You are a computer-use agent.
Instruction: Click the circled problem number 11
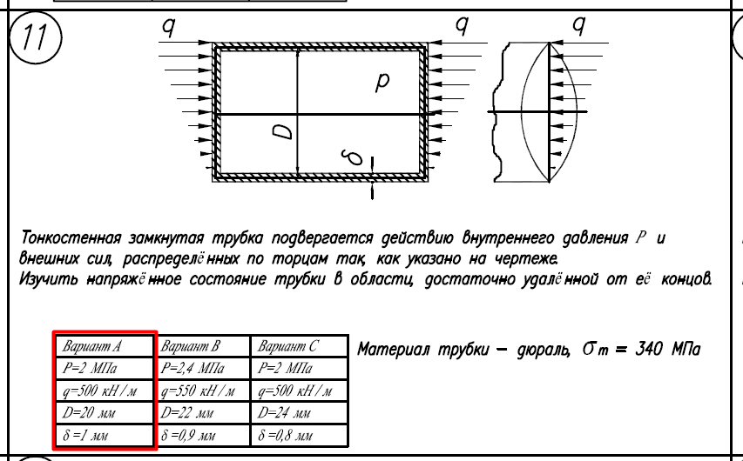point(36,37)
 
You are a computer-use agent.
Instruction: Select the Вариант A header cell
point(105,346)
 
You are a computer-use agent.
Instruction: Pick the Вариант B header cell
point(203,346)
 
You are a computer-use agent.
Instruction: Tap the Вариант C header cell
point(299,346)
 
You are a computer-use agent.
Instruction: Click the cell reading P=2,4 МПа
point(203,368)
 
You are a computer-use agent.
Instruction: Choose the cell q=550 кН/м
point(203,391)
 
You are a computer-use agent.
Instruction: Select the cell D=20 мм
point(105,412)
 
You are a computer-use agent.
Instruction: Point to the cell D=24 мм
point(299,412)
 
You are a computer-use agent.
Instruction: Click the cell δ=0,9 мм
point(203,435)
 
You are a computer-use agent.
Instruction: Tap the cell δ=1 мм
point(105,435)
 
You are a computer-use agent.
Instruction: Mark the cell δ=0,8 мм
point(299,435)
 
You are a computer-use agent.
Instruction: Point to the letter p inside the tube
point(382,83)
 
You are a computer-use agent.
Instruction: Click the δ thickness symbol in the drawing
point(354,157)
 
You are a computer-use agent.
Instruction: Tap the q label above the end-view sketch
point(578,25)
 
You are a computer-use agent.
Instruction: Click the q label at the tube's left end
point(169,27)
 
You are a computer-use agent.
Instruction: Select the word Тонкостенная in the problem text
point(72,237)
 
